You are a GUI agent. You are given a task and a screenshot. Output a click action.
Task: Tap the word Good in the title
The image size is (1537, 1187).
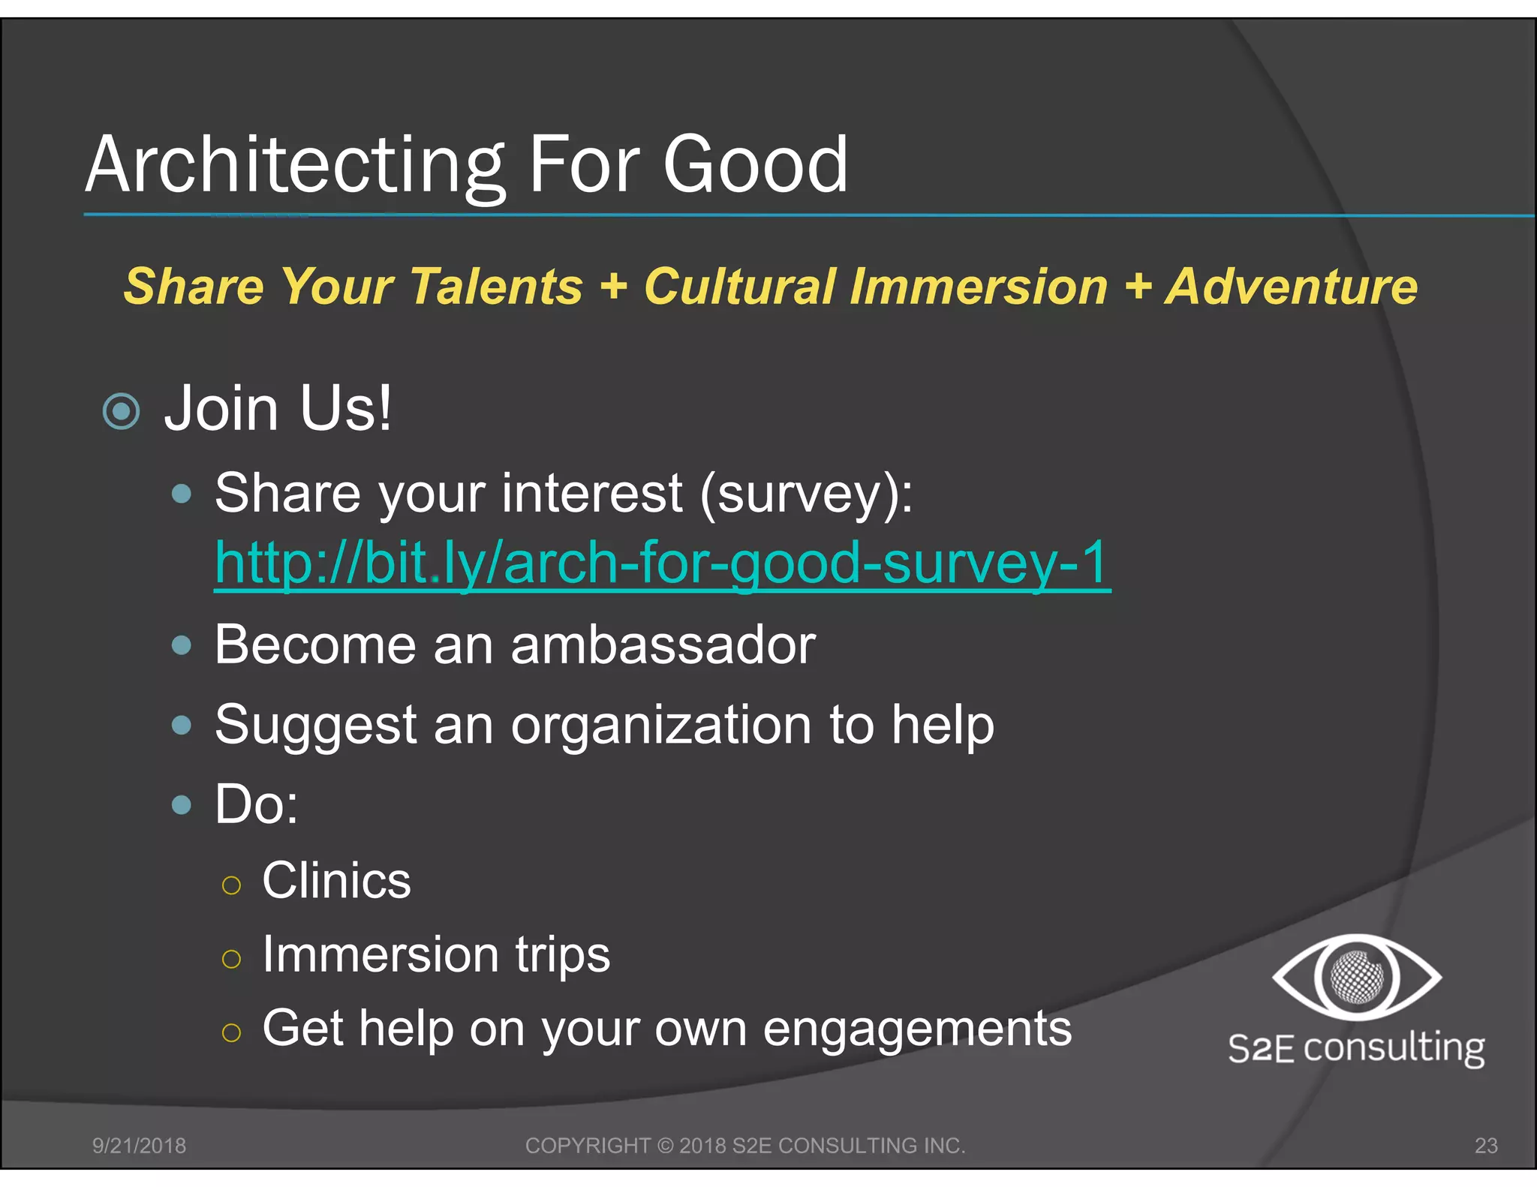click(x=755, y=165)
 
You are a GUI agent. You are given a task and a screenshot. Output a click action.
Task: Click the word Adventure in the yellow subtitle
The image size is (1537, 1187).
click(x=1291, y=287)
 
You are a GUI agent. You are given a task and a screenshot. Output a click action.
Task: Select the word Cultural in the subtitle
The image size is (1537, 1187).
click(x=739, y=287)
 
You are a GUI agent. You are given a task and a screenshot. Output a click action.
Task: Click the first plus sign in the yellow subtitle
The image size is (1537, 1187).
click(x=613, y=287)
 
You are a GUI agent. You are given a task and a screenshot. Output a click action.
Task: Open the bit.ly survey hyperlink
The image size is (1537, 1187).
click(x=661, y=563)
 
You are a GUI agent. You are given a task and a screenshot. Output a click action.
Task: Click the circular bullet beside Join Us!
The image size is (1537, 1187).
click(x=121, y=411)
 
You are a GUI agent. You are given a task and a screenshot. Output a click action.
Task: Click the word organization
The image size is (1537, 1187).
click(x=661, y=726)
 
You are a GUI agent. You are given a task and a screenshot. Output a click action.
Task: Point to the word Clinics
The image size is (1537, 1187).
click(x=336, y=881)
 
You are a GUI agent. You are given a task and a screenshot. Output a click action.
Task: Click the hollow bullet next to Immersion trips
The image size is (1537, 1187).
click(x=231, y=959)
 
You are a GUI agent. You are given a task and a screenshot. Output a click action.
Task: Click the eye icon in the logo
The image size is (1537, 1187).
click(x=1356, y=977)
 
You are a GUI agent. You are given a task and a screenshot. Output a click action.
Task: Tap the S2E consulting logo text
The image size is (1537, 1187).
click(x=1356, y=1047)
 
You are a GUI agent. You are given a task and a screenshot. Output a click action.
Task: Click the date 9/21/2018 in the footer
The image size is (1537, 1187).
click(x=139, y=1146)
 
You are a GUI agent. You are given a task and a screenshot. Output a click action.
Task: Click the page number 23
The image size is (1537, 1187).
click(x=1486, y=1146)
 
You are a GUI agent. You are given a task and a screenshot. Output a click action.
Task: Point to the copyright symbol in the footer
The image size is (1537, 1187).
click(x=665, y=1146)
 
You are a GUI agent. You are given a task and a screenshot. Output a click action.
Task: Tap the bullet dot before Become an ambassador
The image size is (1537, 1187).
click(x=181, y=645)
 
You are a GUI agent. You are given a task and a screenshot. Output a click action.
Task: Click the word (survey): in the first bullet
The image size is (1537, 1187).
click(x=807, y=494)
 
